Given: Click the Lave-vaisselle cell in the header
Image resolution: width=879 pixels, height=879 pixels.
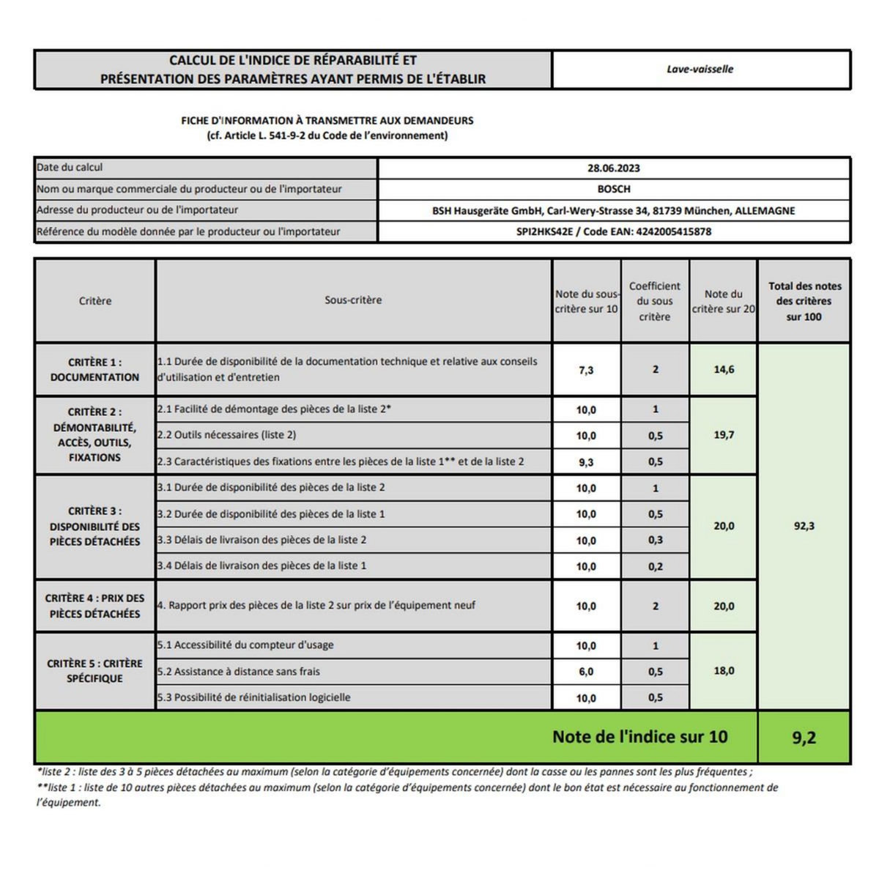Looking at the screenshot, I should pyautogui.click(x=700, y=70).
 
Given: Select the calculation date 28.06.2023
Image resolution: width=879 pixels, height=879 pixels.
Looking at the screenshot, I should pyautogui.click(x=613, y=168).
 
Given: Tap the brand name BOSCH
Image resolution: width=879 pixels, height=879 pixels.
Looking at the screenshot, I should pyautogui.click(x=613, y=189).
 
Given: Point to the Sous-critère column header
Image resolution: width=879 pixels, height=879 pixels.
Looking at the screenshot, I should pyautogui.click(x=353, y=300).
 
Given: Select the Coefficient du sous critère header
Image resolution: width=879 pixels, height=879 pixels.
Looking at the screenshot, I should pyautogui.click(x=654, y=301).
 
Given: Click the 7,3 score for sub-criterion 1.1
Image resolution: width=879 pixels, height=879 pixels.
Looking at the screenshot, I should pyautogui.click(x=586, y=370).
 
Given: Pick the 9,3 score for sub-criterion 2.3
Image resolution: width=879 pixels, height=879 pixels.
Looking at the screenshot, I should pyautogui.click(x=586, y=462).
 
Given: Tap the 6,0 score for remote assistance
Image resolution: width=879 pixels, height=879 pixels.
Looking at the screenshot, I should pyautogui.click(x=586, y=672).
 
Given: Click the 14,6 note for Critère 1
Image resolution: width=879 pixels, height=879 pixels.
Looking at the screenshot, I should pyautogui.click(x=723, y=370).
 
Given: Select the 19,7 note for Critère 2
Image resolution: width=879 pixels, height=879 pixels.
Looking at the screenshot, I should pyautogui.click(x=723, y=435).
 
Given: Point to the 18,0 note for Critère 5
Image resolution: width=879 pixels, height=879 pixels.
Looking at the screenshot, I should pyautogui.click(x=723, y=671).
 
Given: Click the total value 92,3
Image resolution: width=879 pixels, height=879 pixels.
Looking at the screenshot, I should pyautogui.click(x=804, y=526).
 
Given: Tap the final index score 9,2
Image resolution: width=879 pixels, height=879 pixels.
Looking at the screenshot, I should pyautogui.click(x=804, y=738).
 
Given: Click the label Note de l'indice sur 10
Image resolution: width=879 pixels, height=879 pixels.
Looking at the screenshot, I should pyautogui.click(x=639, y=737).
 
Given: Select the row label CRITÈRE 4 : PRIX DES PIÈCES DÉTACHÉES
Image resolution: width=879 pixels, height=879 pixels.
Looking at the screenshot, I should pyautogui.click(x=94, y=606).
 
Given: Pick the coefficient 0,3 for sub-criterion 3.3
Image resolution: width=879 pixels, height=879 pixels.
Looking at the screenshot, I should pyautogui.click(x=655, y=541).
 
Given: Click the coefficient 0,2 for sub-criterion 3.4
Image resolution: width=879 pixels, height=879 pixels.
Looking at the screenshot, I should pyautogui.click(x=655, y=566).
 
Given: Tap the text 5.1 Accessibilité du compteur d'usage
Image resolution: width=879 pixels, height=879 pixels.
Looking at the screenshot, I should pyautogui.click(x=245, y=645).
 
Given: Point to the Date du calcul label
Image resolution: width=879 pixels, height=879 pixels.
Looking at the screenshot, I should pyautogui.click(x=70, y=168).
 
